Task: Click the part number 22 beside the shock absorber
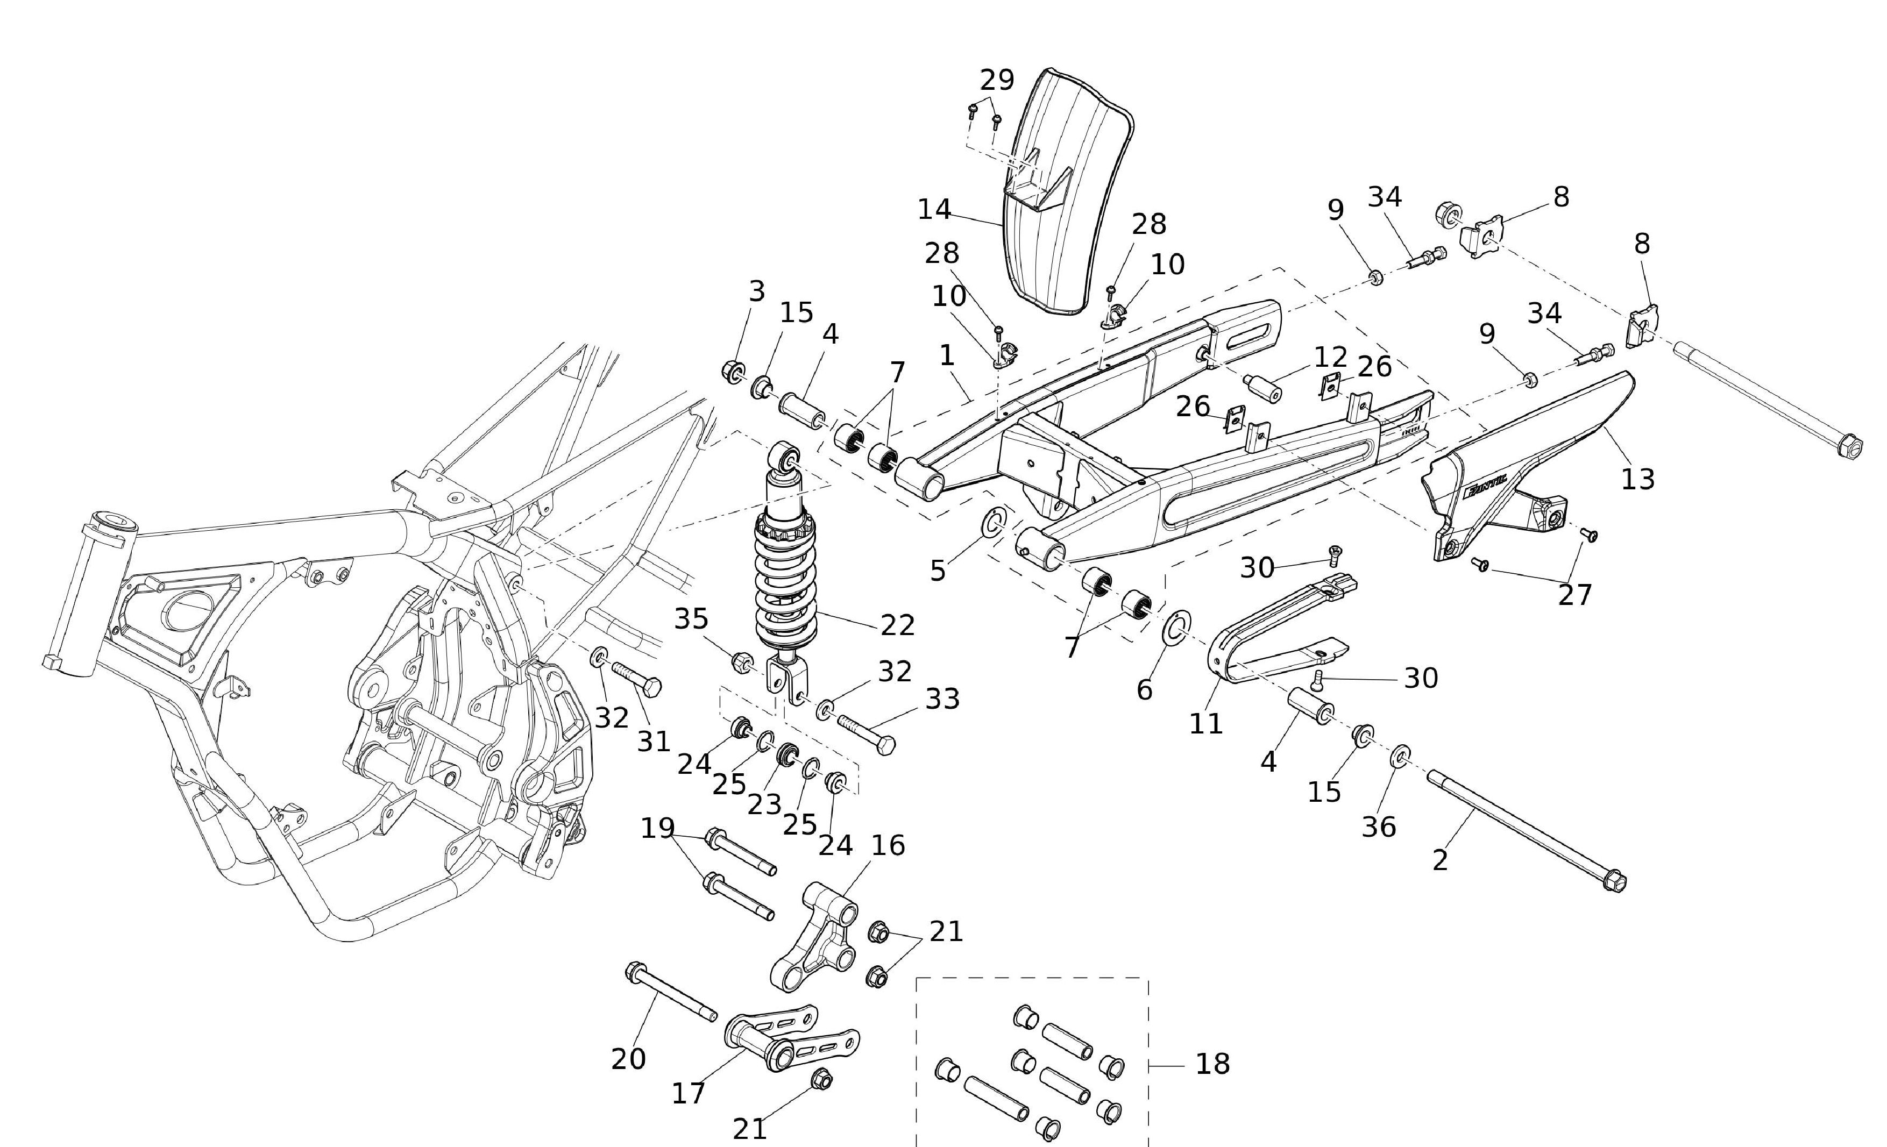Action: coord(898,625)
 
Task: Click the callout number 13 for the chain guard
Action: coord(1638,479)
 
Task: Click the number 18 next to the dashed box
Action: coord(1213,1064)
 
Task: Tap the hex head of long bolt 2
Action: coord(1614,882)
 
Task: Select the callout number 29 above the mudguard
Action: coord(997,80)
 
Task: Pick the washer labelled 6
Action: coord(1176,626)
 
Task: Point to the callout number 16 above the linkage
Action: coord(888,845)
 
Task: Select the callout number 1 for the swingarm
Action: coord(947,355)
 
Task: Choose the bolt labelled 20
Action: coord(670,993)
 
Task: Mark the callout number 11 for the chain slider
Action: coord(1206,723)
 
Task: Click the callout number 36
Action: coord(1379,827)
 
